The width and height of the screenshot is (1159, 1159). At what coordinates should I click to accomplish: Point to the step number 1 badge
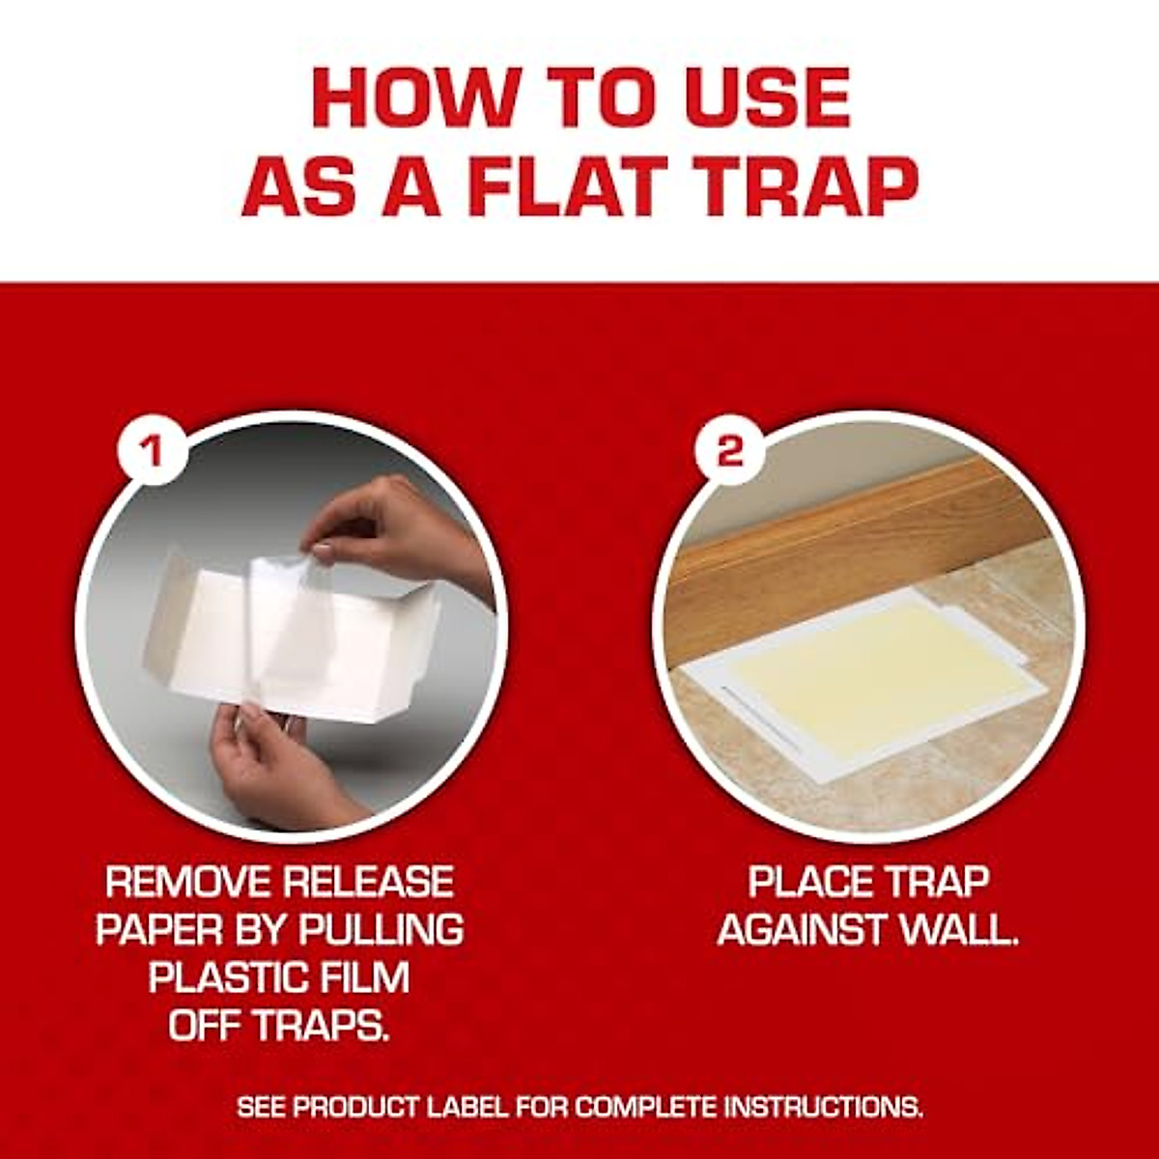click(150, 450)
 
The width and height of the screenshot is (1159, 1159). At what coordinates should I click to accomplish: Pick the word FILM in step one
click(365, 977)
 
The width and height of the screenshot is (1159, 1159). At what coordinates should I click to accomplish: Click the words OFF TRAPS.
click(279, 1026)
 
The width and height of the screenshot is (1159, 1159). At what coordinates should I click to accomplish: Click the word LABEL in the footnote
click(469, 1107)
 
